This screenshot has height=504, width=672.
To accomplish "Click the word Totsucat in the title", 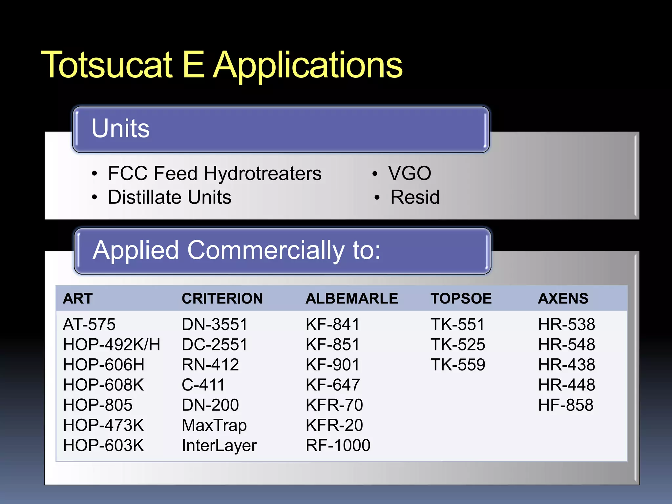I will [107, 65].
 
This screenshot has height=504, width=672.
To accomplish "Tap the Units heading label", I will [120, 128].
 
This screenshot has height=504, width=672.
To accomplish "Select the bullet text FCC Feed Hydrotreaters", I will [215, 173].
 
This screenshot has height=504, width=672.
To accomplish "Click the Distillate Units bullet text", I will [170, 197].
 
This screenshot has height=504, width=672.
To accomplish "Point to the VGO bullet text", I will [409, 173].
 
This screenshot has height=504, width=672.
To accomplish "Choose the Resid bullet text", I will [415, 197].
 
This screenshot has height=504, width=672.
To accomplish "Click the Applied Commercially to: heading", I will [236, 250].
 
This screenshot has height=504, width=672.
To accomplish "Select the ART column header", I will [78, 299].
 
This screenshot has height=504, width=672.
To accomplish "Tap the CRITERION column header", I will [222, 299].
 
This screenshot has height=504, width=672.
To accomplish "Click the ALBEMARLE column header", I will [352, 299].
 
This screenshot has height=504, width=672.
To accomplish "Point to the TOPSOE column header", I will [461, 299].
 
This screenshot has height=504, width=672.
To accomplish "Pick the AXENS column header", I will [563, 299].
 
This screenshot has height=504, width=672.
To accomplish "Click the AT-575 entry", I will [89, 325].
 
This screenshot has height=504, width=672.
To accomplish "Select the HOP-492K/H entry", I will [112, 345].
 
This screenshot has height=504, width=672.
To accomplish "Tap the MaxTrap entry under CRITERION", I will [214, 425].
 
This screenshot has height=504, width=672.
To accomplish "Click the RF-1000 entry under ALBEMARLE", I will [338, 446].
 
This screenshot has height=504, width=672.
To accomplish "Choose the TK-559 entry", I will [458, 365].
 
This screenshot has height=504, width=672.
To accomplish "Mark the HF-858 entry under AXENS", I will [566, 405].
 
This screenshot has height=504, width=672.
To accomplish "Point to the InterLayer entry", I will [219, 446].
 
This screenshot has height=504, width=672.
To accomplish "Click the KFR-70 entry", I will [334, 405].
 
